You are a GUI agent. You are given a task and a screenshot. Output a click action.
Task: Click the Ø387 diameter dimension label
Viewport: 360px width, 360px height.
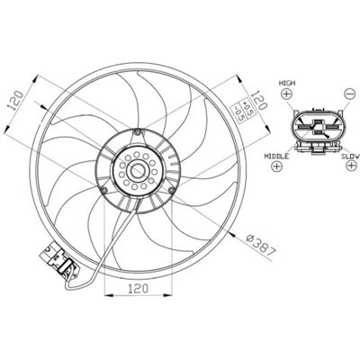click(x=260, y=246)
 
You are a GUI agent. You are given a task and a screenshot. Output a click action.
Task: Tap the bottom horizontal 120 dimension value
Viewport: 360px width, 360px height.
click(x=139, y=288)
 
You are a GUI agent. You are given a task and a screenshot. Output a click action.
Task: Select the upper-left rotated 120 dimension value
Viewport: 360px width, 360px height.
click(x=15, y=100)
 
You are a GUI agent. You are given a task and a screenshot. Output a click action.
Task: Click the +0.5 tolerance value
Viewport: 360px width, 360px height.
click(x=247, y=108)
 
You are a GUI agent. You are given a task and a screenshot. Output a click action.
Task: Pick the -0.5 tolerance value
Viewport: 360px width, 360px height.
click(x=239, y=112)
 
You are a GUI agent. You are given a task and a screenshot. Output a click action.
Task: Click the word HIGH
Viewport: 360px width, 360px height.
click(x=287, y=83)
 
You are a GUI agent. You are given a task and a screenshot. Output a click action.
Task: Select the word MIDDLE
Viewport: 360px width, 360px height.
click(x=276, y=156)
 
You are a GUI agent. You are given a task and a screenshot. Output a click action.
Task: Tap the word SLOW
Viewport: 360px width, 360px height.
click(x=350, y=156)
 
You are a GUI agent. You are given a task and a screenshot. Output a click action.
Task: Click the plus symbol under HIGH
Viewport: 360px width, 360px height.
click(x=286, y=94)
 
